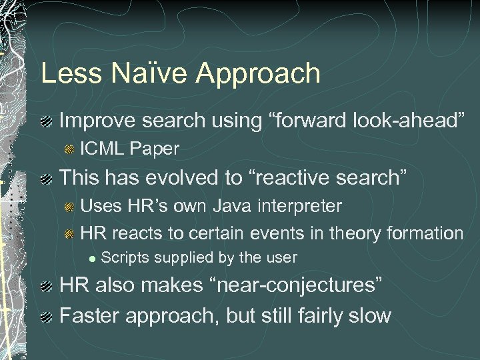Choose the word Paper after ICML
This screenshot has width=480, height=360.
click(155, 149)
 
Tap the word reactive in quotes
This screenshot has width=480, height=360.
click(292, 177)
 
